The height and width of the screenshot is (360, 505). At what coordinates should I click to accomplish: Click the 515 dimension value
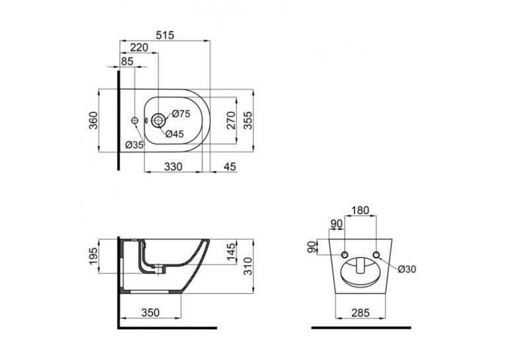click(x=164, y=35)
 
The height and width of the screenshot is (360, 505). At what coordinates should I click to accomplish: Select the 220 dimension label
click(x=139, y=48)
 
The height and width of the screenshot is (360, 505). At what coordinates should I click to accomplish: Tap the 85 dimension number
click(x=127, y=61)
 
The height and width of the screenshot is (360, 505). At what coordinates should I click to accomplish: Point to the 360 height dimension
click(x=93, y=120)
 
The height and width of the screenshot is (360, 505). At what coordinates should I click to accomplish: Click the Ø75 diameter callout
click(x=181, y=114)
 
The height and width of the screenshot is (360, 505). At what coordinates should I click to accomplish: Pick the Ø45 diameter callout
click(x=174, y=133)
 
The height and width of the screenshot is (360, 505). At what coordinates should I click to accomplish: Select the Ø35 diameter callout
click(x=134, y=145)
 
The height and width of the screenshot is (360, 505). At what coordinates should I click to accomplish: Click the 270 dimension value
click(x=231, y=120)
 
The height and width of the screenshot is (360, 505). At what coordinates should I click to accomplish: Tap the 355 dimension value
click(x=248, y=120)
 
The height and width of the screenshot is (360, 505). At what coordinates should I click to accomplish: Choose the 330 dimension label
click(x=173, y=166)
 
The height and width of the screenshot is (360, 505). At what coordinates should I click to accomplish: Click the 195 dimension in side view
click(x=93, y=256)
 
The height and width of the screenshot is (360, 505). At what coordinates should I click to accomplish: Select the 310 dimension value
click(x=248, y=266)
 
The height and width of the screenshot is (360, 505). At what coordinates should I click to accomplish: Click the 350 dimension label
click(x=151, y=312)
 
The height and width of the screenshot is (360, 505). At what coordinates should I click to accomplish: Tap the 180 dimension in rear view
click(x=360, y=211)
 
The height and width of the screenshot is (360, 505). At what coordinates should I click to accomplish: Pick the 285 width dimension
click(x=360, y=312)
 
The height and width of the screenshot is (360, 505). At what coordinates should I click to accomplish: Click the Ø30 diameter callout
click(x=407, y=269)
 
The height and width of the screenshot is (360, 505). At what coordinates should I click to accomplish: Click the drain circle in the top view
click(x=158, y=120)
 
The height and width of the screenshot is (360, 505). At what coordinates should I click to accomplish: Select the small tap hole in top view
click(x=135, y=120)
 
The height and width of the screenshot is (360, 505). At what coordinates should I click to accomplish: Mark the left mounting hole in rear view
click(x=345, y=255)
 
